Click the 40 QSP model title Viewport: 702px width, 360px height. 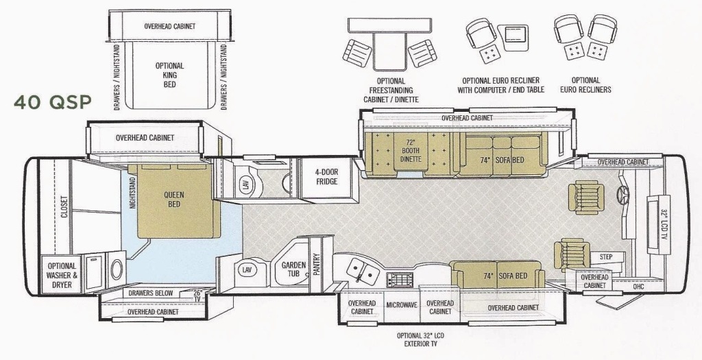[52, 103]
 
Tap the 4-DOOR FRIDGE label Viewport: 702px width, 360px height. [326, 177]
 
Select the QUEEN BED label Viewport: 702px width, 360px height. [173, 200]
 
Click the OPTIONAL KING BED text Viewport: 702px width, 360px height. [170, 75]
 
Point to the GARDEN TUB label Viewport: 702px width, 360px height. [293, 269]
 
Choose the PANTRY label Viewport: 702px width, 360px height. [317, 265]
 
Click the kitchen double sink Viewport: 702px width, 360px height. [362, 271]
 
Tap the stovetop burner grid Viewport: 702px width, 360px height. [400, 280]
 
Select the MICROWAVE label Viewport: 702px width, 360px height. [402, 305]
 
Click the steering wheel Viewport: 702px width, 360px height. [622, 193]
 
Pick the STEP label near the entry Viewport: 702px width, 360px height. [606, 257]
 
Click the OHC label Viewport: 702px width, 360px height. [638, 286]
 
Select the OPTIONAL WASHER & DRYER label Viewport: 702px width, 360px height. [62, 276]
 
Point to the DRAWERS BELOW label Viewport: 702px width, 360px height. [150, 293]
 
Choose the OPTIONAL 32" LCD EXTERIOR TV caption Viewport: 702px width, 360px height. [420, 340]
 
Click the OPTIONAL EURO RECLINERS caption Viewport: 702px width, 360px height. [585, 85]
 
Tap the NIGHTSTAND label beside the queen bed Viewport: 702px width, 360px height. [132, 191]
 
